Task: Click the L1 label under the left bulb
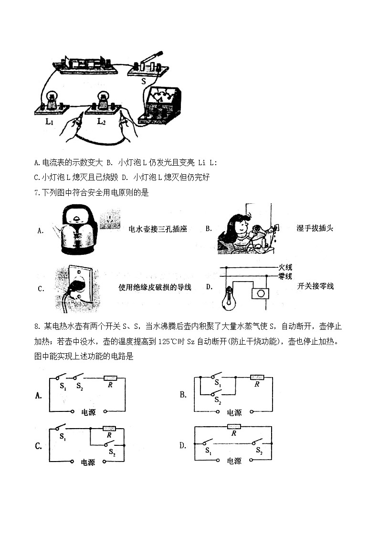(x=49, y=122)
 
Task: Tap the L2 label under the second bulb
(x=101, y=122)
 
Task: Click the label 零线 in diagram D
(x=285, y=276)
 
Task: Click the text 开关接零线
(x=315, y=286)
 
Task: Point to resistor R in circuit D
(x=234, y=426)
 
